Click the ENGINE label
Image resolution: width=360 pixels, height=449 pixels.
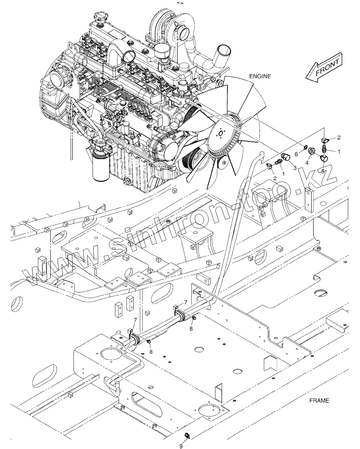click(x=260, y=76)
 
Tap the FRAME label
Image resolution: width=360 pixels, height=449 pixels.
click(x=319, y=401)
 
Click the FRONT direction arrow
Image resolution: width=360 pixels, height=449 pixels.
click(x=324, y=68)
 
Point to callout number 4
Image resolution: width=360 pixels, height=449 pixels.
click(x=307, y=163)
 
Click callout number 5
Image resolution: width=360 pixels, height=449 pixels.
click(x=323, y=171)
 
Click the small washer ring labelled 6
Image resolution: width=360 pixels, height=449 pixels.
click(x=304, y=146)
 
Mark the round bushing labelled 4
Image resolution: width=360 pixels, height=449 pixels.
click(x=312, y=151)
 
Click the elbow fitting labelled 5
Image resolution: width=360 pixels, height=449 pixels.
click(x=324, y=161)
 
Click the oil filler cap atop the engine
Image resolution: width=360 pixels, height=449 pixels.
click(x=99, y=17)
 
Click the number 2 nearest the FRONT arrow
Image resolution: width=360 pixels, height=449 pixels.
click(x=339, y=137)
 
